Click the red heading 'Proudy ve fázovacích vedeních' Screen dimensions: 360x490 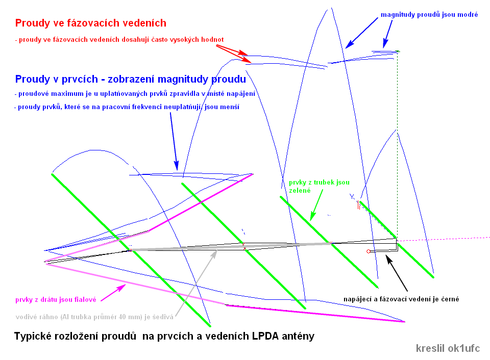(x=90, y=23)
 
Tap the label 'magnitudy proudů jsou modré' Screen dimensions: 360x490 (x=429, y=15)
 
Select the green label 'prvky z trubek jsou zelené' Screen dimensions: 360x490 (x=319, y=186)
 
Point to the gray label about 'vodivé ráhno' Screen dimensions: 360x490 (x=94, y=317)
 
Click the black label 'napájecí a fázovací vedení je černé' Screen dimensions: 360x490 (x=400, y=299)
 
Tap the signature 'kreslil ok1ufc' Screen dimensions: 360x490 (x=448, y=349)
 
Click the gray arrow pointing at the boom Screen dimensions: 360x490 (x=197, y=283)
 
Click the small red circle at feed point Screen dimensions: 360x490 (x=368, y=252)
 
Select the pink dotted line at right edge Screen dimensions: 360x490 (x=449, y=238)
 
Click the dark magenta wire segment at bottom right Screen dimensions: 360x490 (x=316, y=313)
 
